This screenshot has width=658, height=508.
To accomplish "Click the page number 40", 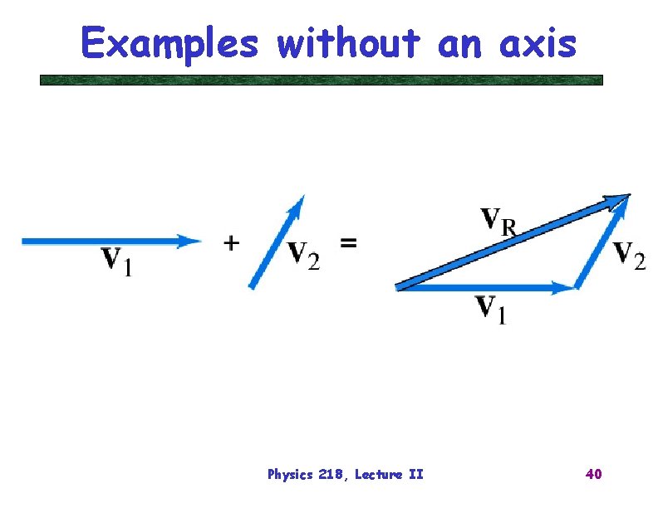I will pyautogui.click(x=593, y=474).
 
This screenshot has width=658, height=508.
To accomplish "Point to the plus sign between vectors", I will pyautogui.click(x=232, y=242).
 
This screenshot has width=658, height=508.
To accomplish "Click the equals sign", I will pyautogui.click(x=349, y=243).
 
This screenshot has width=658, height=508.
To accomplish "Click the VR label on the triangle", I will pyautogui.click(x=499, y=222).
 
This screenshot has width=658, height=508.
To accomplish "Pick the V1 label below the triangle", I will pyautogui.click(x=490, y=309).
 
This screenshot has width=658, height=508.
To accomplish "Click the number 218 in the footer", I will pyautogui.click(x=331, y=475).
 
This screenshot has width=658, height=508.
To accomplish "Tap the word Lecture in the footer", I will pyautogui.click(x=378, y=475).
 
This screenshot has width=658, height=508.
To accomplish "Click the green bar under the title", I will pyautogui.click(x=322, y=81).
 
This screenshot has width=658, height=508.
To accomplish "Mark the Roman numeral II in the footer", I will pyautogui.click(x=415, y=475).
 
